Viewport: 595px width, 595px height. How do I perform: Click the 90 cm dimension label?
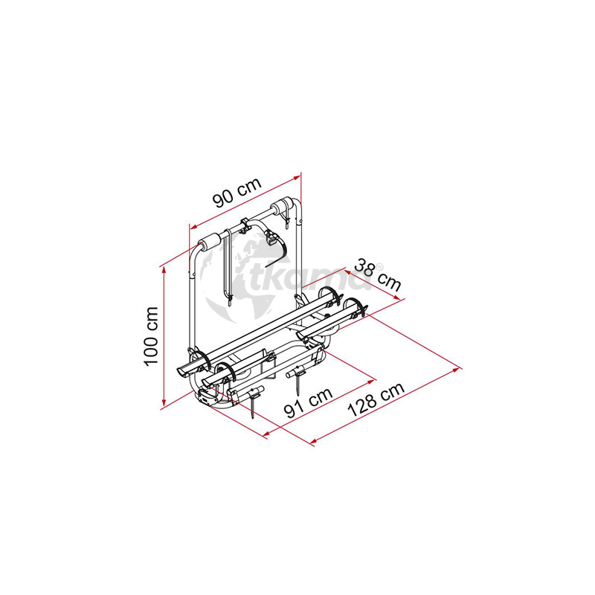(x=237, y=193)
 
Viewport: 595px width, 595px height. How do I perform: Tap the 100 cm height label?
(x=151, y=336)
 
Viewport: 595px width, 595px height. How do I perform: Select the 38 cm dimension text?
(x=377, y=275)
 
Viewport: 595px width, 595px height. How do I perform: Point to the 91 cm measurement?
(x=309, y=402)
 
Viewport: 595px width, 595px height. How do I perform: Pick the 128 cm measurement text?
(x=376, y=399)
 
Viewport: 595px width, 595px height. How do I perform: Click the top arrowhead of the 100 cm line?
(x=164, y=269)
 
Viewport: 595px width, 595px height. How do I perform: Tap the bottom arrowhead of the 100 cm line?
(x=164, y=403)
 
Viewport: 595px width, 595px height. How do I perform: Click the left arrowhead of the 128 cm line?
(x=314, y=441)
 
